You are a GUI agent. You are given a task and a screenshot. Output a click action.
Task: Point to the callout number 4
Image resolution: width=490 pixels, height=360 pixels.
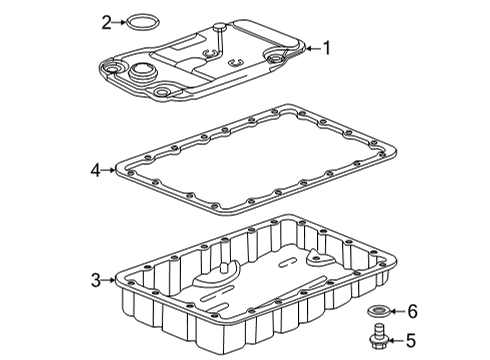95,171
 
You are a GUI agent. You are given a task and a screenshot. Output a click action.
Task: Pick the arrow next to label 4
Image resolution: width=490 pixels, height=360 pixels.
110,171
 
